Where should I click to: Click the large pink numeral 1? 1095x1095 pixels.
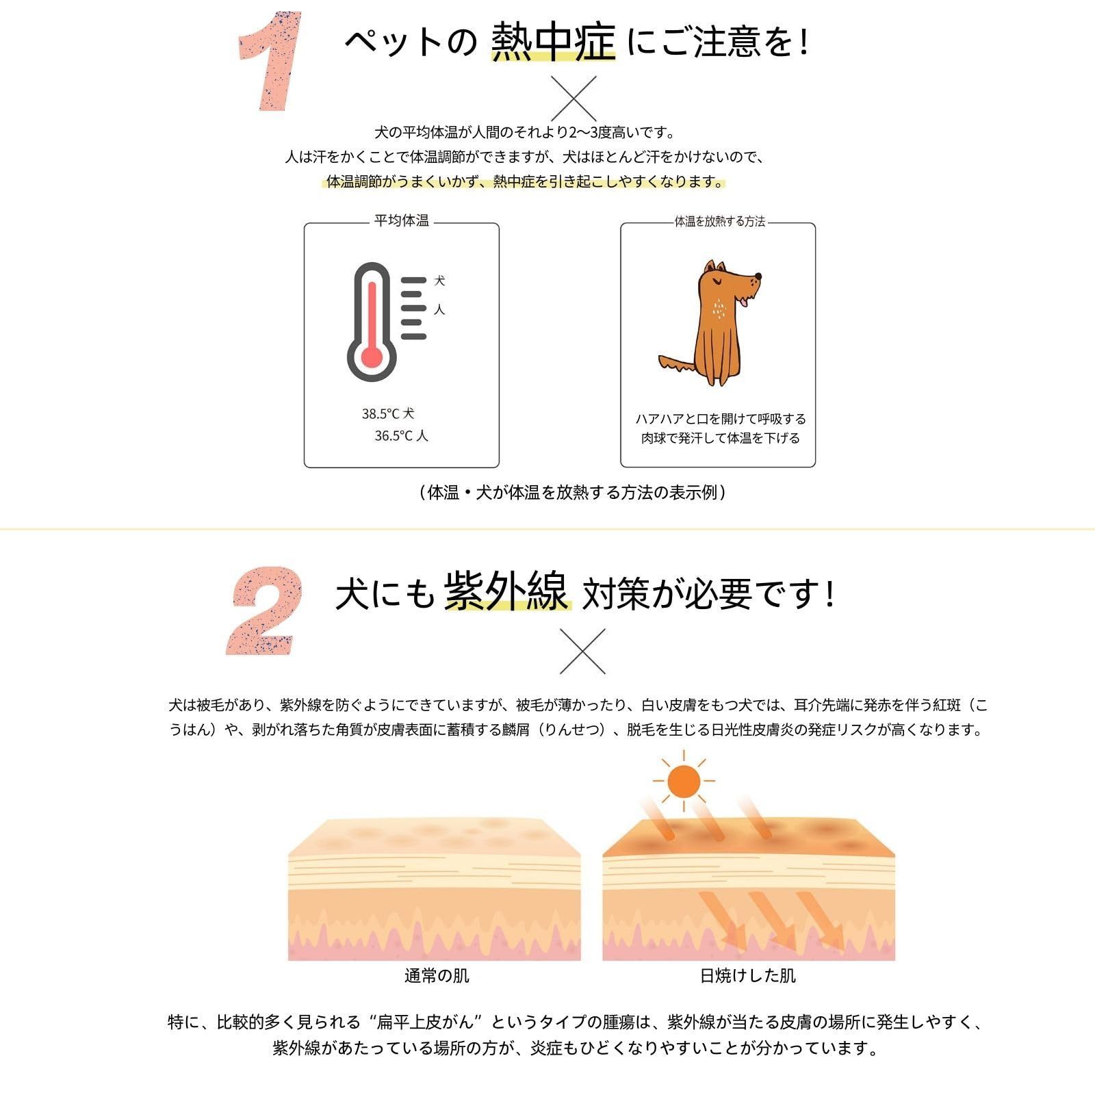pos(271,62)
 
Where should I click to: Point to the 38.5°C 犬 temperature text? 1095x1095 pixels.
pos(388,414)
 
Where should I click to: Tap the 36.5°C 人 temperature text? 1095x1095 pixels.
pos(401,436)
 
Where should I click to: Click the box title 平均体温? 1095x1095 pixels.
pos(402,220)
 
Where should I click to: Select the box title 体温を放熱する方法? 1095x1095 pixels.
pos(720,222)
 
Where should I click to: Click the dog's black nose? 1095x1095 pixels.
pos(758,277)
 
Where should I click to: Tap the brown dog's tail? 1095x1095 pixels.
pos(678,364)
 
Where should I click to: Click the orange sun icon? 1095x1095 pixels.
pos(683,780)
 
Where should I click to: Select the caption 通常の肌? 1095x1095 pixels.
pos(437,976)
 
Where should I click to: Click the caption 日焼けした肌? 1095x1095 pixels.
pos(748,976)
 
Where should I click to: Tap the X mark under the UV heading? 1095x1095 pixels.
pos(582,651)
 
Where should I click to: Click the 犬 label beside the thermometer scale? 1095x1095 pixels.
pos(439,281)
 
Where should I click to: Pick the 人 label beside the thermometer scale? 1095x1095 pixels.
pos(439,310)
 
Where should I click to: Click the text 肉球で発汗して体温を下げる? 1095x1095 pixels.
pos(721,438)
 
